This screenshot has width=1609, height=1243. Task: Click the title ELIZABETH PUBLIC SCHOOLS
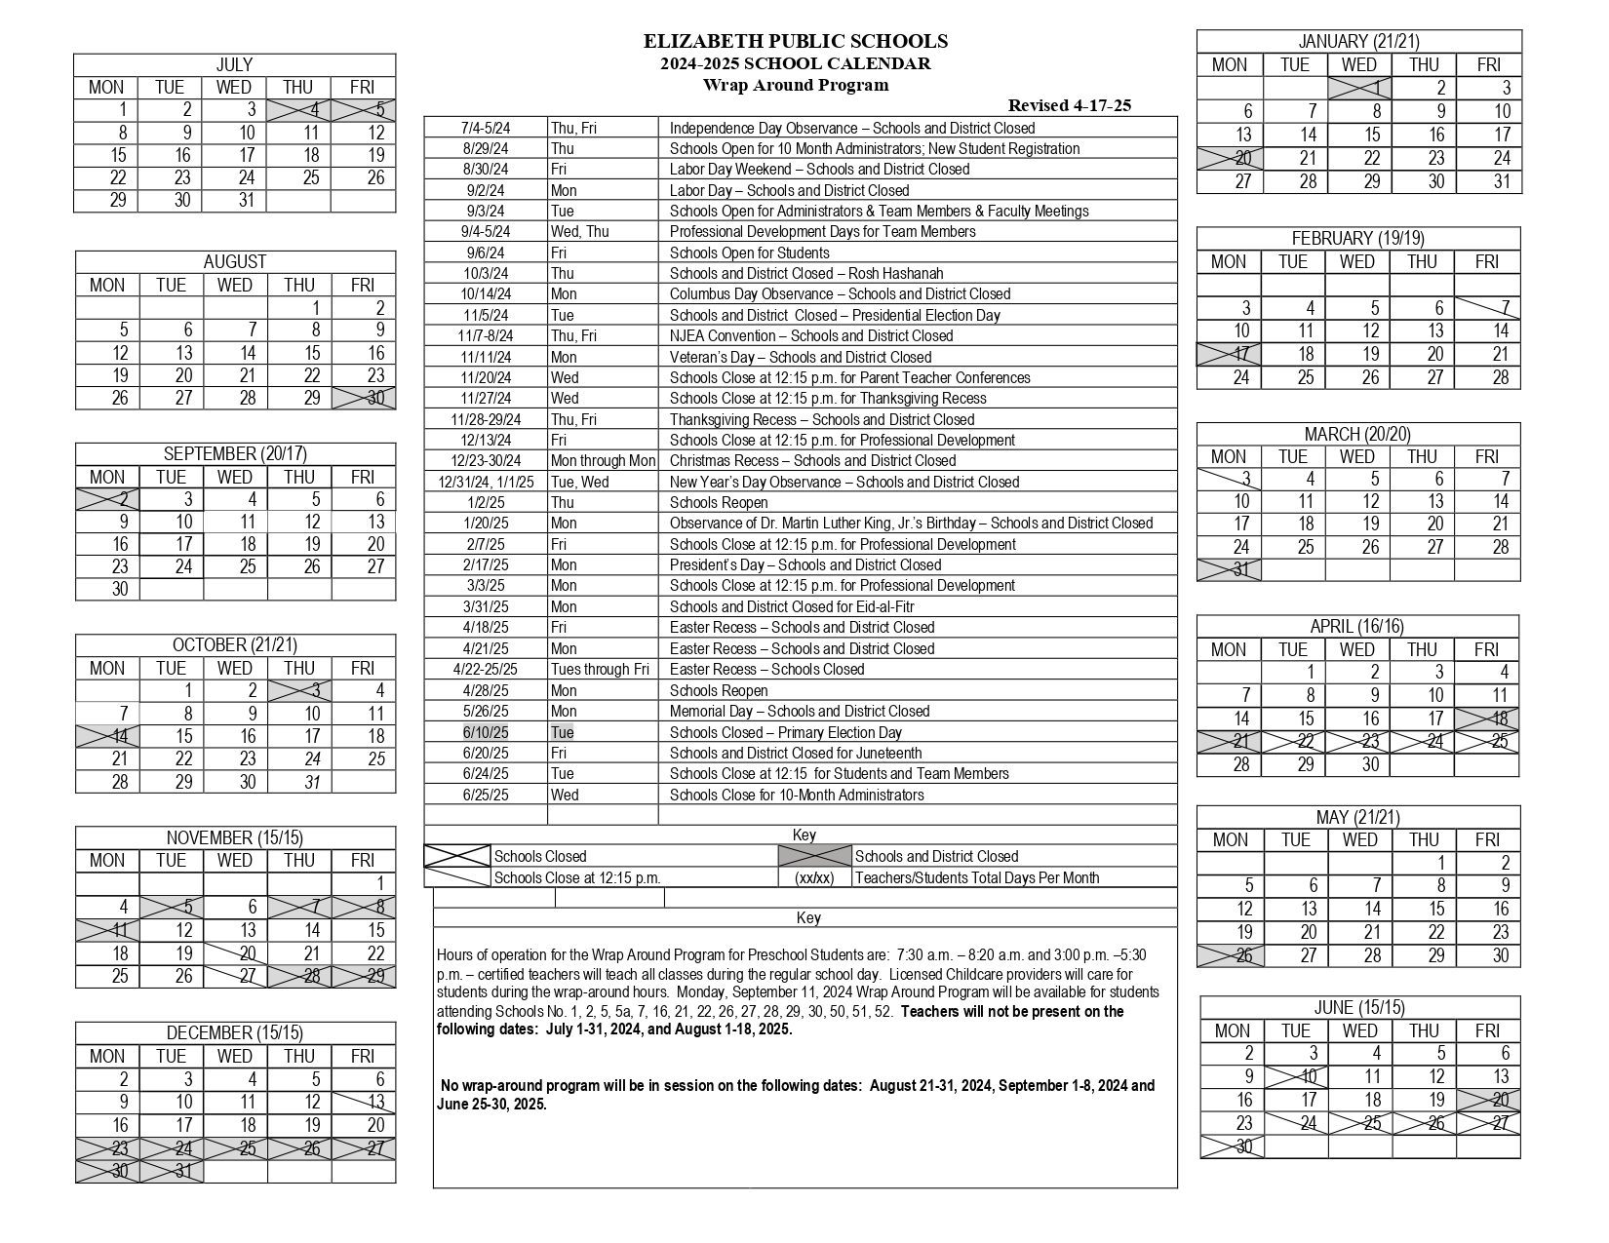tap(795, 41)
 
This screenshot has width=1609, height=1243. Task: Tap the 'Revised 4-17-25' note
tap(1069, 105)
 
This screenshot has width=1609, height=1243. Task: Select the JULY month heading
tap(234, 64)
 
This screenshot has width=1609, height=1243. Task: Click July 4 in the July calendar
tap(299, 110)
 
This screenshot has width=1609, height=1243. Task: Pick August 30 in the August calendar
tap(363, 398)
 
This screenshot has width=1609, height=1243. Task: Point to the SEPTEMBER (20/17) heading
tap(235, 453)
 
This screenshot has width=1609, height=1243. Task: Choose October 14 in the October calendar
tap(107, 736)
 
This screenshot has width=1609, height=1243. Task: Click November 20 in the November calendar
tap(235, 953)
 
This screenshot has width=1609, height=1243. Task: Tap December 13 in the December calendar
tap(364, 1102)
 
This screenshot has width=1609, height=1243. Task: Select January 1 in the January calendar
tap(1359, 88)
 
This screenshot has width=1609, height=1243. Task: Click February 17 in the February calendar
tap(1229, 354)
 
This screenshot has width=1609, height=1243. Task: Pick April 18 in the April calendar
tap(1487, 719)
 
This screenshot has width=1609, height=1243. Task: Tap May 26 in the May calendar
tap(1231, 955)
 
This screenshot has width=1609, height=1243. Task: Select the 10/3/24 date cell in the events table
tap(486, 274)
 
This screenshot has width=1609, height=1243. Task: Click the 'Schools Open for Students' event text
tap(749, 252)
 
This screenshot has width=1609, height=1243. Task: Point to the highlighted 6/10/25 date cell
tap(486, 732)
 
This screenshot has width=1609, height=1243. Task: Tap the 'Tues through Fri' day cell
tap(600, 670)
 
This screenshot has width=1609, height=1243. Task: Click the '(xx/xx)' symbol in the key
tap(814, 877)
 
